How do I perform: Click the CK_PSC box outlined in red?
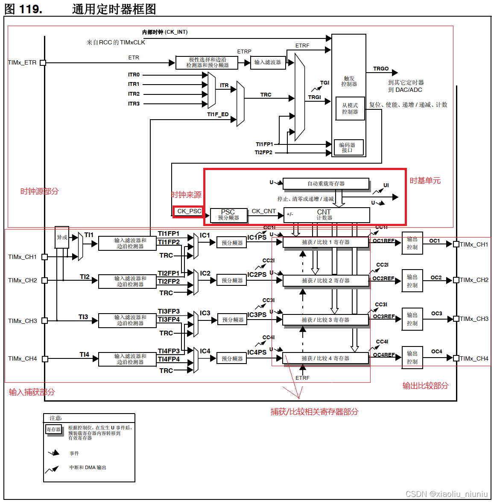point(188,211)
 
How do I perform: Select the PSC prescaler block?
point(228,215)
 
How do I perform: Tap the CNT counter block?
point(326,215)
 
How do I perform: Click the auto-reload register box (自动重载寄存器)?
point(326,184)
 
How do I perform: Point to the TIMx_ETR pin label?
point(22,63)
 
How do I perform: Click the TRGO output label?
point(381,69)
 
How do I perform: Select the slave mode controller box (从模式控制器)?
point(350,109)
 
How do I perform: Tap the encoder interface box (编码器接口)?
point(348,147)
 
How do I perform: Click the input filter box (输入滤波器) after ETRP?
point(268,62)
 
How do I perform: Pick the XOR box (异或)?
point(62,238)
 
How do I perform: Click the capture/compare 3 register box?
point(325,320)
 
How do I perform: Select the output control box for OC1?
point(412,243)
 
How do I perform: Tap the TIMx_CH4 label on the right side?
point(474,358)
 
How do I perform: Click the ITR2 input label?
point(134,94)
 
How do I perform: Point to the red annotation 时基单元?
point(425,181)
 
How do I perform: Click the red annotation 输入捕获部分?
point(32,392)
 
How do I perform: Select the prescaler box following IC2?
point(232,281)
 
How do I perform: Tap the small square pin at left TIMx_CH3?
point(44,320)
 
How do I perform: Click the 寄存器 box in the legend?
point(53,429)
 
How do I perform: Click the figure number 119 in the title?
point(30,9)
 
